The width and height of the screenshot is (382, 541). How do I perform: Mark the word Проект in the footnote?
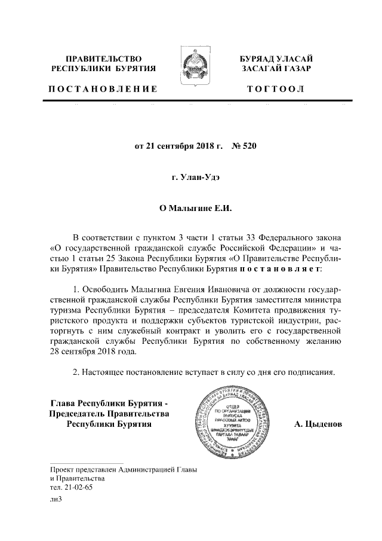[63, 469]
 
